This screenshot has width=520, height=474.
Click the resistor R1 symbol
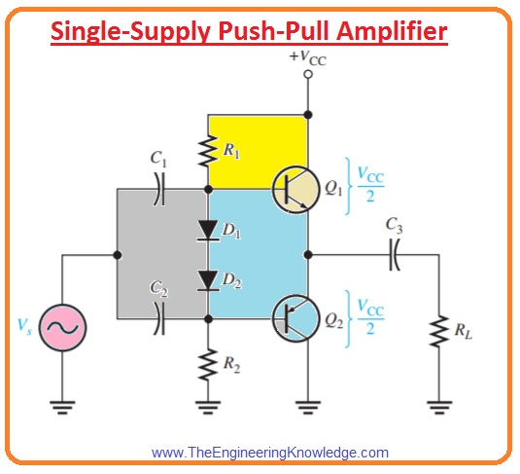coord(208,151)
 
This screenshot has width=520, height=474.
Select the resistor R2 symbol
coord(208,364)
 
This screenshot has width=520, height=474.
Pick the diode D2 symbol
coord(208,280)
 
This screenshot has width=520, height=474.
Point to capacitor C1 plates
coord(160,189)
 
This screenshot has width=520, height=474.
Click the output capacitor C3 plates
coord(395,255)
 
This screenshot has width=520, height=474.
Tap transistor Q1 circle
coord(297,189)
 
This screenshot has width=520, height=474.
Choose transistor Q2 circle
coord(296,318)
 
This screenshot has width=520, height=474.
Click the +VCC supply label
coord(308,57)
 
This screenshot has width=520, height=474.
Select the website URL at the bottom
coord(270,453)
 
